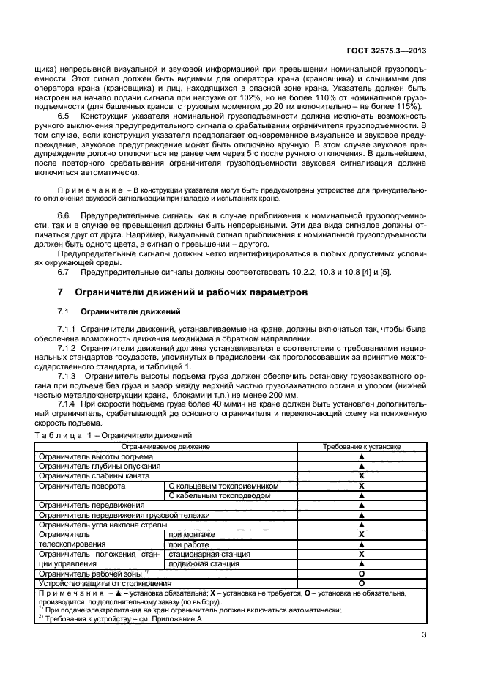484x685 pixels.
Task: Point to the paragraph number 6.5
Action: pos(64,116)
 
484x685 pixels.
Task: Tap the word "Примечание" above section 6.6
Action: pos(81,190)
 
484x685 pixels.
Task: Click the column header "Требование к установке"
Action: pos(361,446)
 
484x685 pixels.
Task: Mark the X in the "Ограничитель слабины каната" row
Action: pos(361,475)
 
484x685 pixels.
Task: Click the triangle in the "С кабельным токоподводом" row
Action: pos(361,495)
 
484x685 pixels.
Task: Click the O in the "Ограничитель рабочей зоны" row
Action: pos(361,574)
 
